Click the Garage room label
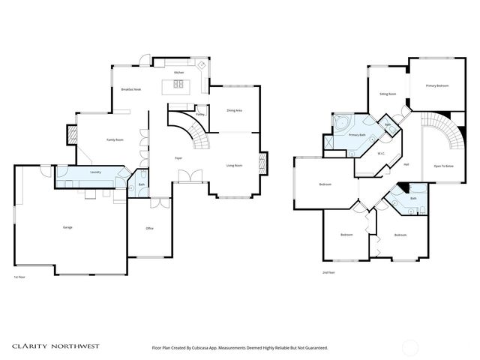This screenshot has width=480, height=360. pos(67,227)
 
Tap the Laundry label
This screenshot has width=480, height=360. pos(95,172)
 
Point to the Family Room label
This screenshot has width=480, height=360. pos(115,140)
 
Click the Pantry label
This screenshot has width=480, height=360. pos(200,115)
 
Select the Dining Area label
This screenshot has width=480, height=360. pos(234,110)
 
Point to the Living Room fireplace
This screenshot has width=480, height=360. pos(262,163)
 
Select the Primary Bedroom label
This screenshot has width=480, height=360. pos(437,86)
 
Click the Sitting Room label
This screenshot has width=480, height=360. pos(388,94)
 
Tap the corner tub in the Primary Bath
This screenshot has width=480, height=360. pos(340,121)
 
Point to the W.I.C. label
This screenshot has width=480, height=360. pos(381,153)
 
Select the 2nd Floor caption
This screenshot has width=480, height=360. pos(328,272)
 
